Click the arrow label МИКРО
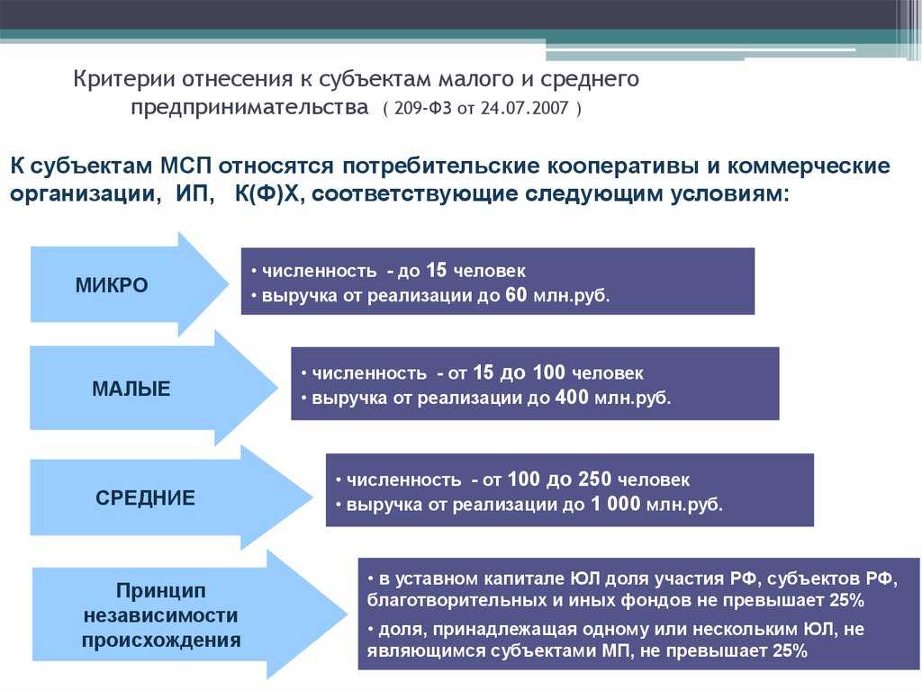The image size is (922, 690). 112,285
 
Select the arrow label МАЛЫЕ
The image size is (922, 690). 131,389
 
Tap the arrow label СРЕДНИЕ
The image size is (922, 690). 145,497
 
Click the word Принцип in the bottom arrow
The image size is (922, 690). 161,590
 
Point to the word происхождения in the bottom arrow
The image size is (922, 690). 161,640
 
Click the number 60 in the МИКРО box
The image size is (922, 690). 516,294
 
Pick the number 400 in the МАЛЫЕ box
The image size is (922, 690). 572,398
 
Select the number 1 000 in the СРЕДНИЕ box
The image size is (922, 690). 616,505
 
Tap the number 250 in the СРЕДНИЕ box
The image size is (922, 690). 595,479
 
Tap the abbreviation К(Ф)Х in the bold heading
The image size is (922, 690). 267,193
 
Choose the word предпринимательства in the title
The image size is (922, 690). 250,108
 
